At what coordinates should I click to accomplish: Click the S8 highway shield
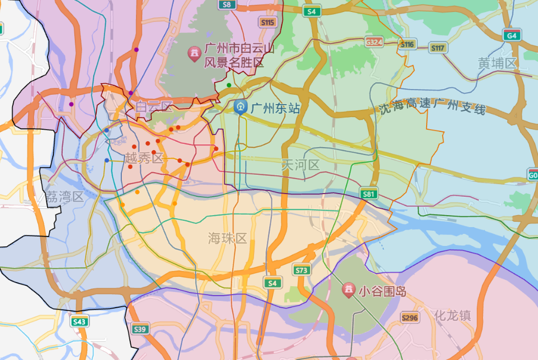click(226, 5)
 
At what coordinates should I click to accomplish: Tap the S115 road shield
click(267, 22)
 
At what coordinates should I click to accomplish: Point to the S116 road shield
click(407, 44)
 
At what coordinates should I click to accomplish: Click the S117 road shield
click(438, 48)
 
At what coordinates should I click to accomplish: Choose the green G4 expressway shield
click(512, 36)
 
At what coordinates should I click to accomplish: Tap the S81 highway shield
click(369, 194)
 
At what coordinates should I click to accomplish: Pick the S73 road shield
click(301, 270)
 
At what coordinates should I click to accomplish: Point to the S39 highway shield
click(140, 329)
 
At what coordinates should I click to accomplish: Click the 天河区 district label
click(300, 165)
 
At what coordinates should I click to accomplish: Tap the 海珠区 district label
click(227, 239)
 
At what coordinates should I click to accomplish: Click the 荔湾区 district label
click(65, 197)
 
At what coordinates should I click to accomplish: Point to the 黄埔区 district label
click(497, 63)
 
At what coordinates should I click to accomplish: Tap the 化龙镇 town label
click(452, 316)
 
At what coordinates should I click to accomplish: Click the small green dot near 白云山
click(229, 85)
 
